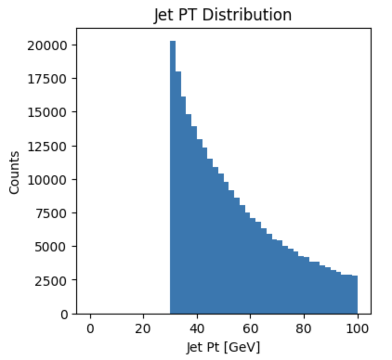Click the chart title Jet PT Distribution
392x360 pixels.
point(223,15)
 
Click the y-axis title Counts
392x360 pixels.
point(14,172)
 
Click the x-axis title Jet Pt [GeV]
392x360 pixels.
point(223,346)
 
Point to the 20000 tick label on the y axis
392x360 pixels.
point(49,45)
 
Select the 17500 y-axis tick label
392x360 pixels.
point(49,78)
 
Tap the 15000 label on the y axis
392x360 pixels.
point(49,112)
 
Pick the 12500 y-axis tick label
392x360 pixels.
point(49,146)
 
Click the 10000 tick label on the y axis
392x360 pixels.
point(49,180)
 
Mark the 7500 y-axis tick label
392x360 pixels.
point(52,213)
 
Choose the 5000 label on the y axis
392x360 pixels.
point(52,247)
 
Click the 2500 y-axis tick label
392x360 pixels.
point(52,281)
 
